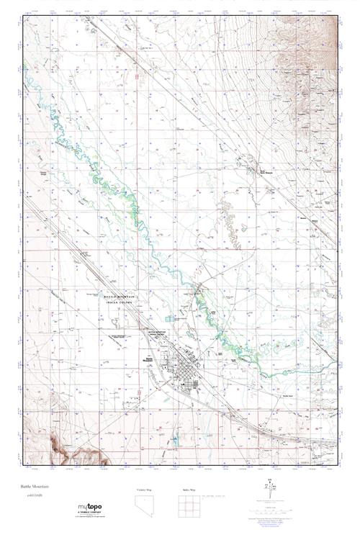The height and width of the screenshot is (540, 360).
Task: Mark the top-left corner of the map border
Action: (x=23, y=16)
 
